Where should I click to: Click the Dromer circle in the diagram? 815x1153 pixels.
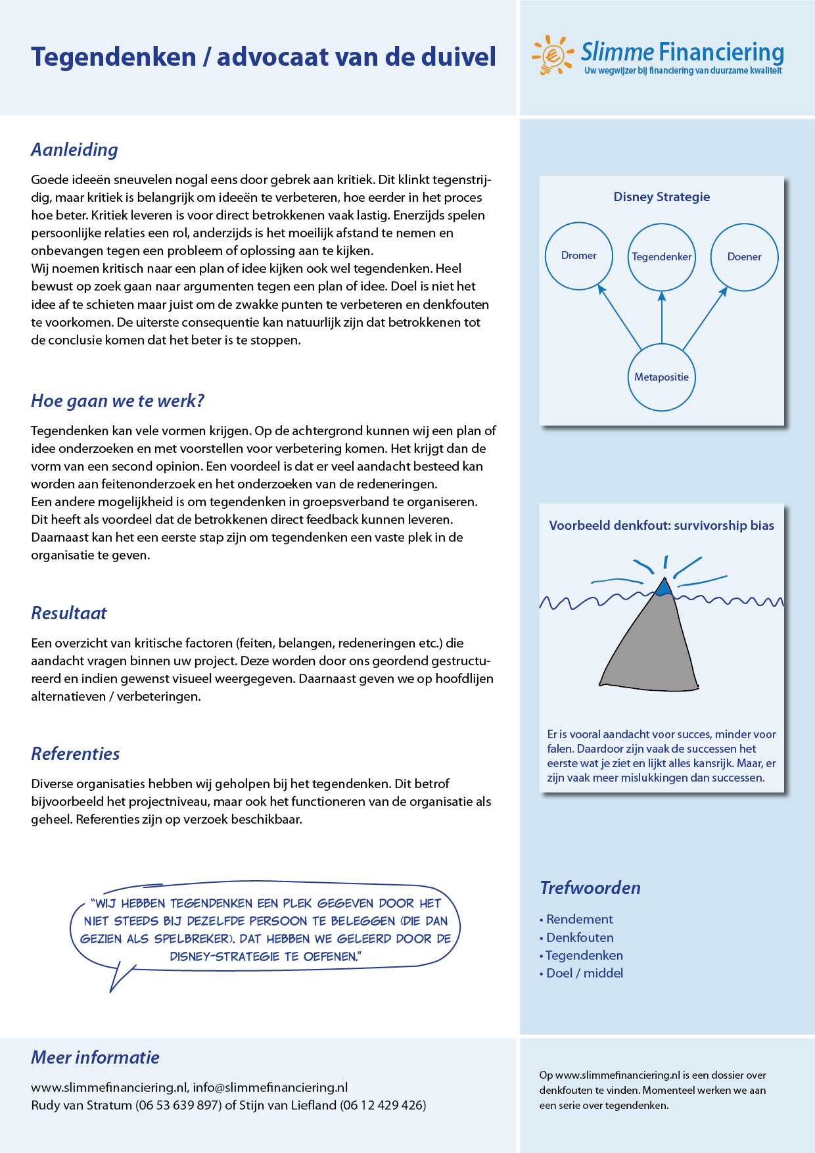pos(579,256)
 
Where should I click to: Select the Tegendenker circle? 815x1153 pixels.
pos(662,257)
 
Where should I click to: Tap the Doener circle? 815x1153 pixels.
pos(744,257)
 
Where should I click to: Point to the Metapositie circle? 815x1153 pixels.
pos(662,377)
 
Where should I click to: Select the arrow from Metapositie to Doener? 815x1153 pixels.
pos(705,318)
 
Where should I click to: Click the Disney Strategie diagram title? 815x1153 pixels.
pos(662,197)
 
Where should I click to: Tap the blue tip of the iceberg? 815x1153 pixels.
pos(664,586)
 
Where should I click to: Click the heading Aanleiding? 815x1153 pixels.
pos(74,150)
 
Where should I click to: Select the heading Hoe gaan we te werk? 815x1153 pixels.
pos(118,401)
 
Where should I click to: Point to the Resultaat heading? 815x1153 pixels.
pos(69,613)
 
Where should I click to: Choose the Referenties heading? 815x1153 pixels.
pos(76,754)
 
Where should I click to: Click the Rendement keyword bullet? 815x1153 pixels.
pos(579,919)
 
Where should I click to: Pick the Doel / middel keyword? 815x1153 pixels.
pos(584,973)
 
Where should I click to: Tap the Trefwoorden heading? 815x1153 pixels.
pos(590,888)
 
